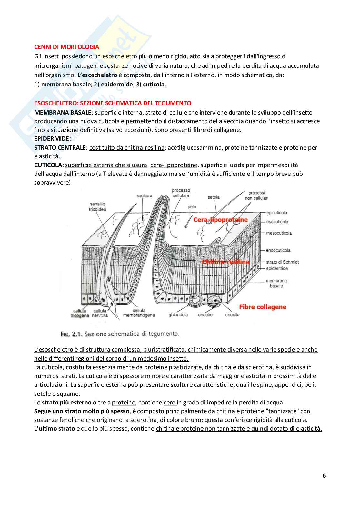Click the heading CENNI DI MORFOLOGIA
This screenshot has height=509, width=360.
(x=67, y=47)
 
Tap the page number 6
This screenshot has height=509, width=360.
(x=324, y=475)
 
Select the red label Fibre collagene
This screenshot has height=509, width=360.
(x=263, y=307)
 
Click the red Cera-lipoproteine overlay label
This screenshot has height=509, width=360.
(x=220, y=220)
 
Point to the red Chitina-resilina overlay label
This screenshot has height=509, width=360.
(x=226, y=262)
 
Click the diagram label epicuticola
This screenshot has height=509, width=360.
(x=276, y=213)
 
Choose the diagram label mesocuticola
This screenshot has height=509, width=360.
(x=279, y=233)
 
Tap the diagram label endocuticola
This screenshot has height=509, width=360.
(x=278, y=250)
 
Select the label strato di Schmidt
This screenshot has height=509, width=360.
(x=282, y=262)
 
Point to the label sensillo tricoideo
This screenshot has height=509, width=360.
(x=97, y=207)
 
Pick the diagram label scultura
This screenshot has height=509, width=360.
(x=144, y=196)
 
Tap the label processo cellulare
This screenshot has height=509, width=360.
(x=181, y=193)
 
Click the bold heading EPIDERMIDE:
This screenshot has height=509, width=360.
(x=52, y=138)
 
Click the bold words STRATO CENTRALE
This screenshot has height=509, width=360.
(x=60, y=147)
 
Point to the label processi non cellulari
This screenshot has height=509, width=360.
(x=257, y=195)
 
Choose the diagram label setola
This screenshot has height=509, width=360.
(x=214, y=197)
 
